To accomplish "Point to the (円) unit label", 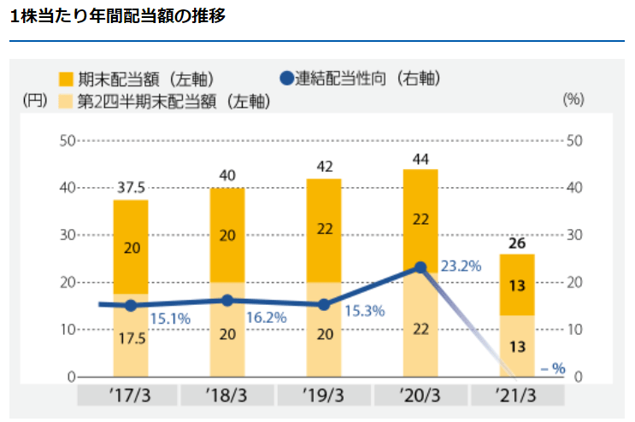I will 36,99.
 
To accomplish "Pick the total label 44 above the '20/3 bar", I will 420,158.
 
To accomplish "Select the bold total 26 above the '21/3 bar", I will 517,243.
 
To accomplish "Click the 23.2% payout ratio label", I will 461,266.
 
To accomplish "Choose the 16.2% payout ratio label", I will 267,315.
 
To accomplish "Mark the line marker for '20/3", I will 420,267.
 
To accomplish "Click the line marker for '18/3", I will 227,301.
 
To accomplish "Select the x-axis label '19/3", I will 324,396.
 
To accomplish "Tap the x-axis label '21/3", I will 517,396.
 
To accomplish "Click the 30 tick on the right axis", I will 578,235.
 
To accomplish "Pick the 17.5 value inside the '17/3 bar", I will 131,337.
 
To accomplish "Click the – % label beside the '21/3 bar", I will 553,368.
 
